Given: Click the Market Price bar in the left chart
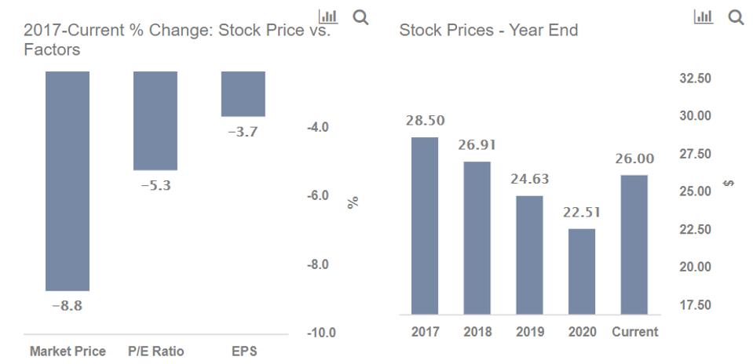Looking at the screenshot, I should tap(68, 180).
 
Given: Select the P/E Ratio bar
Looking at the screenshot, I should tap(155, 120).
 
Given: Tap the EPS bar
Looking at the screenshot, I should tap(243, 93).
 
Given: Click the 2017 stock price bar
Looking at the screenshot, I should tap(425, 226).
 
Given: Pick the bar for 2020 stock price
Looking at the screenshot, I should tap(582, 271).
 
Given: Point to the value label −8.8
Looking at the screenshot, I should tap(67, 306).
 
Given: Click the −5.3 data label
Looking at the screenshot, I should tap(155, 185).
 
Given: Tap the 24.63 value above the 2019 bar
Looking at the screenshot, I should tap(529, 180).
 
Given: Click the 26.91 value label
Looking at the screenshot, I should tap(477, 145).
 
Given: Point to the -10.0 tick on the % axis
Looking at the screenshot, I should tap(322, 333).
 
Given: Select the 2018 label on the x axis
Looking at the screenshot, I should tap(477, 332).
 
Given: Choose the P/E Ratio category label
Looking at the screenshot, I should tap(155, 351).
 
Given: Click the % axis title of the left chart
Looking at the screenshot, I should tap(353, 202).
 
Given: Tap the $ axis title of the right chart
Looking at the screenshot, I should tap(730, 184).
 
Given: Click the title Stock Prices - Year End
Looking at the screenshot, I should tap(488, 31).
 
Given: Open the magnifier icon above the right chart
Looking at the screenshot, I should tap(736, 16).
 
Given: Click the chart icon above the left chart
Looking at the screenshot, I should tap(327, 16).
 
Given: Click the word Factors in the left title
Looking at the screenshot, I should tap(52, 50).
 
